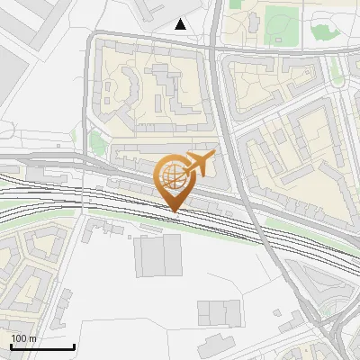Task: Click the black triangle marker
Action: (x=181, y=24)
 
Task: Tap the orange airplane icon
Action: (x=199, y=163)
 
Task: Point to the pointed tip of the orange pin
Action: (x=174, y=211)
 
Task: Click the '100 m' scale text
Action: (x=23, y=338)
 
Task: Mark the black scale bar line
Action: (x=41, y=346)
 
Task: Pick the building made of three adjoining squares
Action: (x=220, y=312)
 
